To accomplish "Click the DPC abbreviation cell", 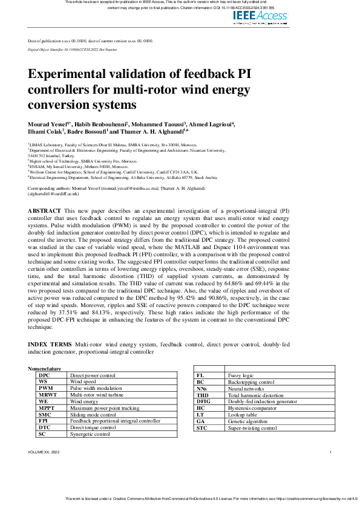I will tap(45, 375).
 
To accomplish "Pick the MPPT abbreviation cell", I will tap(47, 408).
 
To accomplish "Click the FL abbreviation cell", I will tap(201, 375).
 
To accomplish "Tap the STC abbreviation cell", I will tap(202, 428).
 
